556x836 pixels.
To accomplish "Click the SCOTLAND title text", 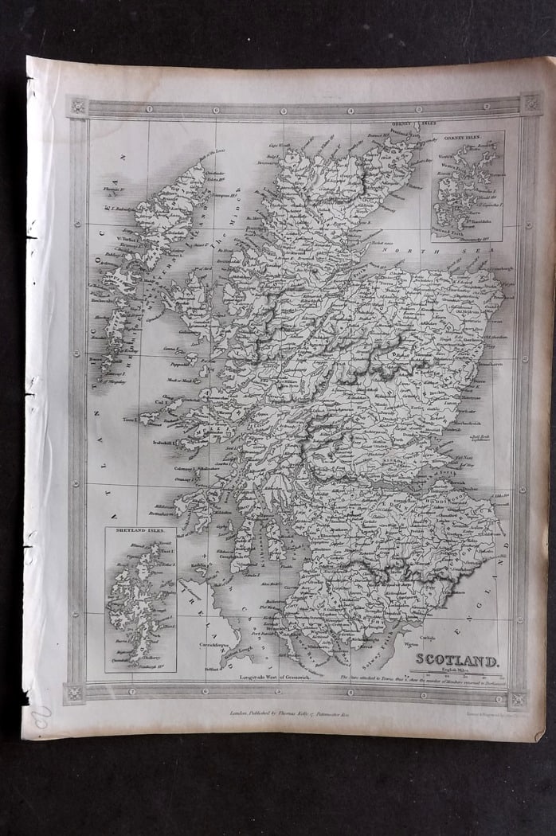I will coord(456,660).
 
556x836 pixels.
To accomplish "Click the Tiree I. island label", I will coord(131,418).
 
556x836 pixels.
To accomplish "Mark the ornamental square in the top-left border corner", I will coord(78,106).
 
